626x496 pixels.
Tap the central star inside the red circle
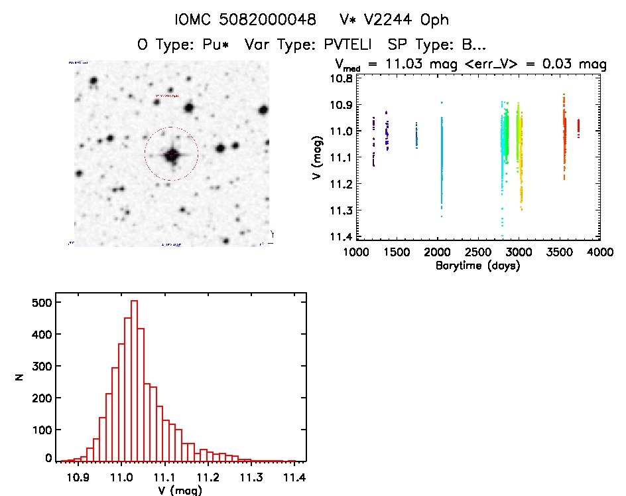172,155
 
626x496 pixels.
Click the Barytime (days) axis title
477,266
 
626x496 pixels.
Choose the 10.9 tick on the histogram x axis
78,476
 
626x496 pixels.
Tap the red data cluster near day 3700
578,127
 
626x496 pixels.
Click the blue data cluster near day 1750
416,135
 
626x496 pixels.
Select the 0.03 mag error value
563,64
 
